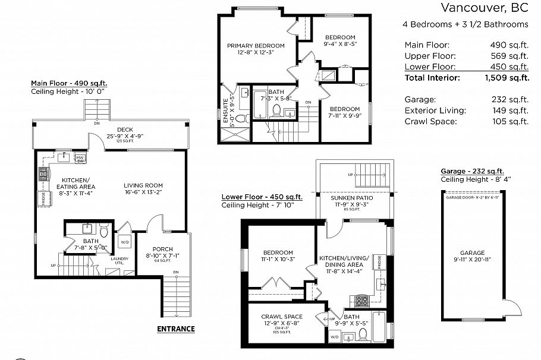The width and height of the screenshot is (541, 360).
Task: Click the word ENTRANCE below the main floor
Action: pos(175,329)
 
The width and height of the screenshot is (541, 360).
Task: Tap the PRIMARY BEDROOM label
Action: pos(256,45)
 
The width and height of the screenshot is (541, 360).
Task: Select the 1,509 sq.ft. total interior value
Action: pos(507,77)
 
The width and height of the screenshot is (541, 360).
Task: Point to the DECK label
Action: pos(124,129)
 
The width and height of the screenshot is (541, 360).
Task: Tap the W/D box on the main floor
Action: pos(125,242)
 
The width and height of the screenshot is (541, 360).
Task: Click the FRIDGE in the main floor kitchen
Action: pos(43,198)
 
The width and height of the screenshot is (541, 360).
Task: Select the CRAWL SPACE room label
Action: pos(282,316)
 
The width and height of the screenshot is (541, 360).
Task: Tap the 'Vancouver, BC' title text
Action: pos(484,8)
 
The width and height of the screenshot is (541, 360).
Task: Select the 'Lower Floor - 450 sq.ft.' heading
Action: pos(262,197)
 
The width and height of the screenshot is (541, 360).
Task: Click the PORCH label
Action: pos(162,249)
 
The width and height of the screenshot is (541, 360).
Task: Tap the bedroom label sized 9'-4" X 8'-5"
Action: pos(339,37)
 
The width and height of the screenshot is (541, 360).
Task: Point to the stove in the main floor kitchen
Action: pos(43,174)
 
